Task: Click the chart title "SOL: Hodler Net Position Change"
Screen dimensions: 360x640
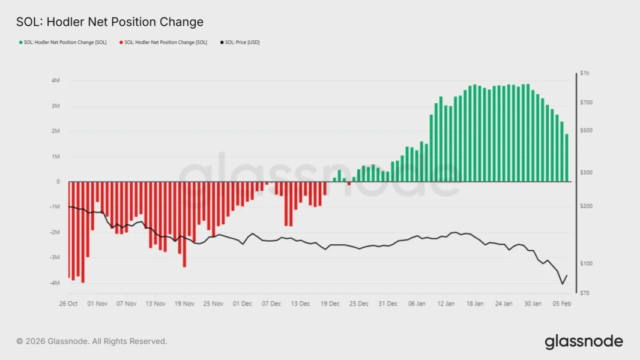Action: pyautogui.click(x=109, y=22)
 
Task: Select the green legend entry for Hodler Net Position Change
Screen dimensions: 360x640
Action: pyautogui.click(x=62, y=43)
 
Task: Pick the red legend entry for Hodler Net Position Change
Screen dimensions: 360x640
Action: pyautogui.click(x=163, y=43)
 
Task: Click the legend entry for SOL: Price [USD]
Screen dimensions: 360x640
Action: pyautogui.click(x=240, y=43)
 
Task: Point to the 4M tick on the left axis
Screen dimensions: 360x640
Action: pyautogui.click(x=55, y=80)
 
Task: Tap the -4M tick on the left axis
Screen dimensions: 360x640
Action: pyautogui.click(x=55, y=283)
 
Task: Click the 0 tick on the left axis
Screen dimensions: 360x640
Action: pyautogui.click(x=58, y=182)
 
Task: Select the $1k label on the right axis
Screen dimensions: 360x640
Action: pyautogui.click(x=585, y=73)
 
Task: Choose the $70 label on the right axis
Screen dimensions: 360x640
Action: pyautogui.click(x=585, y=293)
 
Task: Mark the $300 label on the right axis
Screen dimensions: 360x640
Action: pyautogui.click(x=587, y=173)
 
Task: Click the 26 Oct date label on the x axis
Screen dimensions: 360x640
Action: pyautogui.click(x=68, y=304)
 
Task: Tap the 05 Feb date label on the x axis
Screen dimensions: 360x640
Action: pyautogui.click(x=562, y=304)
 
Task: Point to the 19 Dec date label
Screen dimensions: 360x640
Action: pyautogui.click(x=330, y=304)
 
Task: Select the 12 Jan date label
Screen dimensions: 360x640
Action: pyautogui.click(x=446, y=304)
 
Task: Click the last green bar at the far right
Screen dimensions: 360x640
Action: pyautogui.click(x=566, y=158)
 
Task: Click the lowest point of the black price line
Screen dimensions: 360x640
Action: pyautogui.click(x=562, y=284)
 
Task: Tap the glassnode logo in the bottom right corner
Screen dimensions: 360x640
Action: pyautogui.click(x=584, y=341)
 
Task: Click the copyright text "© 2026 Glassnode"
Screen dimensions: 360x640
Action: pyautogui.click(x=92, y=341)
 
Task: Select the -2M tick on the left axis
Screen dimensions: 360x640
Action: pyautogui.click(x=55, y=232)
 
